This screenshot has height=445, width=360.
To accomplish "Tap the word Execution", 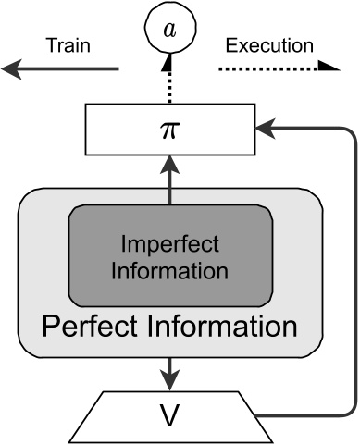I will pos(270,43).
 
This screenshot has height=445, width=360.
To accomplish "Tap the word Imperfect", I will pos(170,246).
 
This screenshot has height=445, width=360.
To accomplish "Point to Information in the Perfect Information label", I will pos(220,327).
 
